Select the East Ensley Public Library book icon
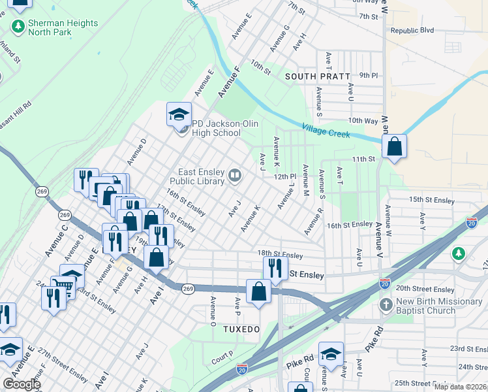234,174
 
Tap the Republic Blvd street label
412,30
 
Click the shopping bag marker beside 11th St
395,147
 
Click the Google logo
22,384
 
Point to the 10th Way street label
363,121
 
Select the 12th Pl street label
285,176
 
